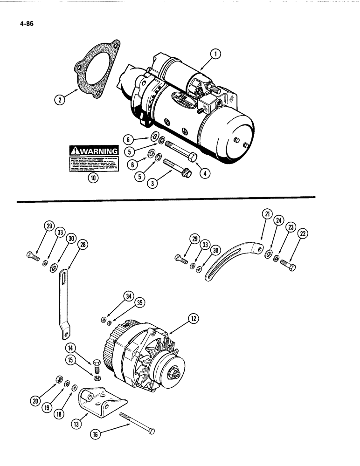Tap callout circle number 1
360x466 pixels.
click(216, 55)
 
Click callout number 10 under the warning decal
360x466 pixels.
click(93, 178)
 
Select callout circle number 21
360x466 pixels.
click(266, 214)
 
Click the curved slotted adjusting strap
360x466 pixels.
click(228, 261)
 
